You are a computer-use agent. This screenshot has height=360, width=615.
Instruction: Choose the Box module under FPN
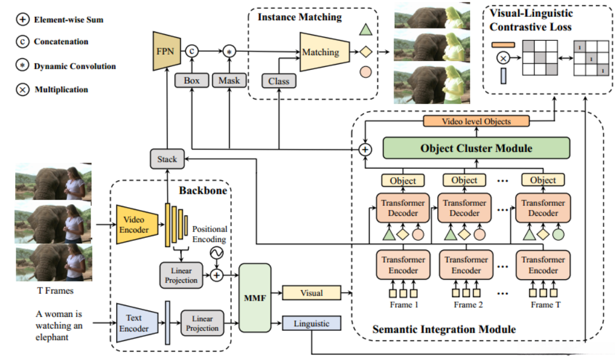click(192, 81)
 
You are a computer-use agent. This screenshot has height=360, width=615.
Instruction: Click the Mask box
click(229, 81)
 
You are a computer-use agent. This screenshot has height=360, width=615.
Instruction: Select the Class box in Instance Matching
click(279, 81)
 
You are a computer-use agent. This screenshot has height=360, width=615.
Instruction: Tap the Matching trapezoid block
click(323, 52)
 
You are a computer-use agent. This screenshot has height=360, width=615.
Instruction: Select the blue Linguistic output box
click(312, 323)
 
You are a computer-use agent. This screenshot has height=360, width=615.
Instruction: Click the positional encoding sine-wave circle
click(216, 253)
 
